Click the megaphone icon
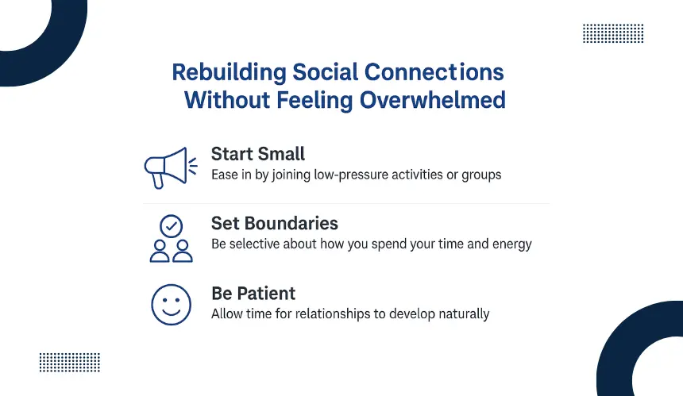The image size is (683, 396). [x=171, y=168]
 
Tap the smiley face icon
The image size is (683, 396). [x=172, y=305]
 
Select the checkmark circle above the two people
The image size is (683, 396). [x=172, y=226]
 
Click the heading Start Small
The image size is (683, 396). [x=258, y=154]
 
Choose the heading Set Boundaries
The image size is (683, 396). [x=275, y=223]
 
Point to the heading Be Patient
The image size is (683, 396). [x=253, y=294]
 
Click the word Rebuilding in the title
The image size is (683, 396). [x=229, y=72]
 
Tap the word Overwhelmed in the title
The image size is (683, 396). [x=433, y=100]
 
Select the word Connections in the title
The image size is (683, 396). [x=434, y=72]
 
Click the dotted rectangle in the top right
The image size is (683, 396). [x=613, y=33]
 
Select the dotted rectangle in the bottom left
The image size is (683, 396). [x=70, y=363]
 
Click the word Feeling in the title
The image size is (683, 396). [x=314, y=101]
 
